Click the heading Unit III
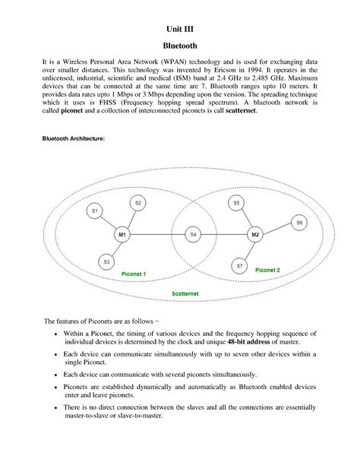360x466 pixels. click(180, 30)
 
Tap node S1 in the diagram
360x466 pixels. click(95, 211)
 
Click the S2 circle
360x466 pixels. click(137, 203)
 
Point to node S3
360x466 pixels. click(106, 262)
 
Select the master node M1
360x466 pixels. click(122, 236)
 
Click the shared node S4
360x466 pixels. click(194, 236)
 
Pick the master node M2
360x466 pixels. click(256, 236)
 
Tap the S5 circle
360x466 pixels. click(236, 204)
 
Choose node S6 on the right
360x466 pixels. click(299, 223)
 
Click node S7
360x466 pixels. click(239, 266)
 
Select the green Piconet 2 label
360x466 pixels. click(267, 270)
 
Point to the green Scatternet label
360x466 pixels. click(186, 293)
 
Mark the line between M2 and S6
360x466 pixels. click(277, 230)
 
